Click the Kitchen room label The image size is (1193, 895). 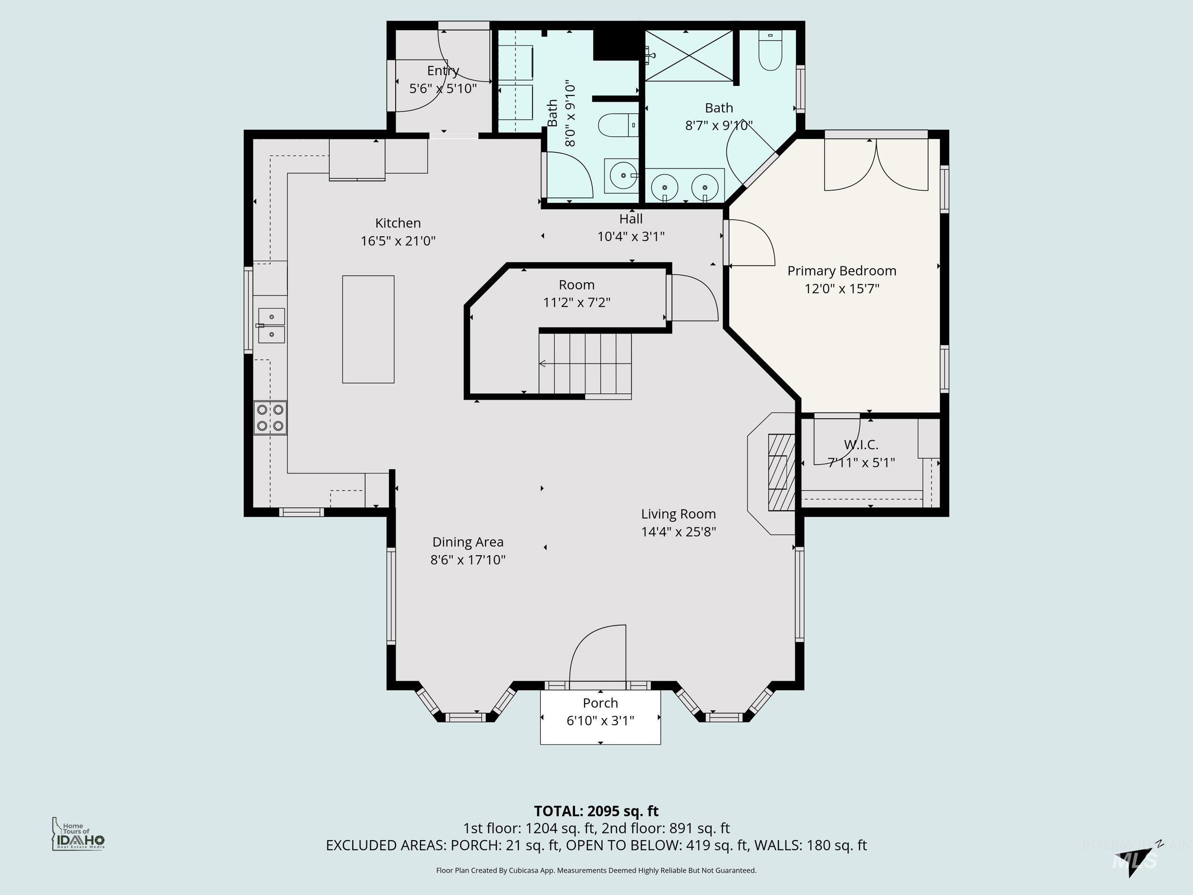[398, 223]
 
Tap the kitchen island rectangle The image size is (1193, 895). [368, 329]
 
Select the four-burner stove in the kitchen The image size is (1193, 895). [270, 418]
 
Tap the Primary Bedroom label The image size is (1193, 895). [841, 271]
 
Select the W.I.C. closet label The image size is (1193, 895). [861, 444]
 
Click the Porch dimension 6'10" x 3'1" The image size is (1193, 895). [600, 720]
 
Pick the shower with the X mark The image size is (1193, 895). [689, 55]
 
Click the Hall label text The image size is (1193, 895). [630, 219]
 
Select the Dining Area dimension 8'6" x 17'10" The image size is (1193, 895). [468, 559]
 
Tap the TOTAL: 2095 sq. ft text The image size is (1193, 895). [596, 811]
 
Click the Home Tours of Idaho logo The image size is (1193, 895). [78, 834]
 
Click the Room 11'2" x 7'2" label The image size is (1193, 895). [576, 293]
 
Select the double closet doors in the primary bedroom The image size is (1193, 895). [876, 165]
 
